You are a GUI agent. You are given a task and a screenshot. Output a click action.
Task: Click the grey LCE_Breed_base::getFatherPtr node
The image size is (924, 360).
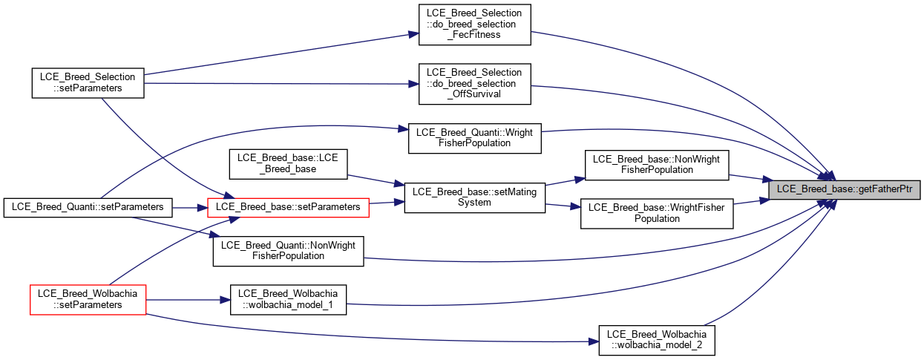(844, 189)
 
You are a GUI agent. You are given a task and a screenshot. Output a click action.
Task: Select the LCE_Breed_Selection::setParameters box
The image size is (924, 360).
(88, 83)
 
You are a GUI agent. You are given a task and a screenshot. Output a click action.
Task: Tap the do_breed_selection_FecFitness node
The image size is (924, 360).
(474, 24)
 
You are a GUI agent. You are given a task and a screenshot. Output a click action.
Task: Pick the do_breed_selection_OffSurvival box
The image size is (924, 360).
(474, 84)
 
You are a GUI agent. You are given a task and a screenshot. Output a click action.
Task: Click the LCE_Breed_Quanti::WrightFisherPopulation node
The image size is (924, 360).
(474, 138)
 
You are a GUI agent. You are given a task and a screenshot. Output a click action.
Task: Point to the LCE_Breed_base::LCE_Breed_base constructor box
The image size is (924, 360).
(288, 164)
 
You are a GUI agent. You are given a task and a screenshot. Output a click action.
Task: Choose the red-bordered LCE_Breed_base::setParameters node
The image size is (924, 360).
(288, 207)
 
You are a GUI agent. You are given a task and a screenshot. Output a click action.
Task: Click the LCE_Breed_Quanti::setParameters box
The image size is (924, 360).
(88, 207)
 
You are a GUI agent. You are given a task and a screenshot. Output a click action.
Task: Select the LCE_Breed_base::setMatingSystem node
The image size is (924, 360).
(474, 197)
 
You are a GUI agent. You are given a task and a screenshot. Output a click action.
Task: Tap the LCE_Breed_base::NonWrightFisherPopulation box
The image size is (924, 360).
(657, 165)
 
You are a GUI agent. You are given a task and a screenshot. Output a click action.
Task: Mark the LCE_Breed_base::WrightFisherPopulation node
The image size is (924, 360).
(657, 214)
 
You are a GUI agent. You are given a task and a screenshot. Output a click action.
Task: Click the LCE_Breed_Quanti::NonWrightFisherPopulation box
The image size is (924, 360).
(288, 251)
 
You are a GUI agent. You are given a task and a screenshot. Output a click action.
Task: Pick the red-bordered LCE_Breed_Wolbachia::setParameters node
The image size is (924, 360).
(88, 300)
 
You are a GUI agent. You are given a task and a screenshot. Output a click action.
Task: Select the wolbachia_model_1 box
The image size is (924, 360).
(288, 300)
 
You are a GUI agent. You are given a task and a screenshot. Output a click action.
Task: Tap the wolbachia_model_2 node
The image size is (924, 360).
(657, 340)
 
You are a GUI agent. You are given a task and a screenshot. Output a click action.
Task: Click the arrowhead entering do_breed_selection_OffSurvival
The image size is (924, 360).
(413, 84)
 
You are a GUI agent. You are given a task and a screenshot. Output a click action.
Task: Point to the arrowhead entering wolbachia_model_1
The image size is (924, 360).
(225, 300)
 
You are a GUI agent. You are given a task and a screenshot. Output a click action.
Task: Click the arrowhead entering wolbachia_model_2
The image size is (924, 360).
(594, 341)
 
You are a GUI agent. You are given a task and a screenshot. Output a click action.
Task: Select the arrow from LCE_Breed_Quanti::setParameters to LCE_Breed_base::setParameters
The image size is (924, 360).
(190, 208)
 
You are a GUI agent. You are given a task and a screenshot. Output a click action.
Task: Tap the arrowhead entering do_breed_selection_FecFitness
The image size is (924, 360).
(413, 34)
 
